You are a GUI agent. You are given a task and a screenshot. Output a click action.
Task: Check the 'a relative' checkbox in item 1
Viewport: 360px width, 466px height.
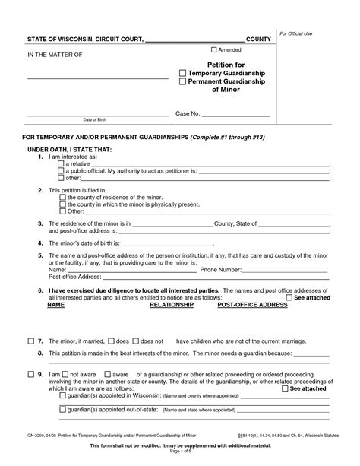62,163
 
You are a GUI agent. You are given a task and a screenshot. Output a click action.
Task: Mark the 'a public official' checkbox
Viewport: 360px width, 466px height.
62,170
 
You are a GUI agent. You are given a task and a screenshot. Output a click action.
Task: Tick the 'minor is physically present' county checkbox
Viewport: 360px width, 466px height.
62,204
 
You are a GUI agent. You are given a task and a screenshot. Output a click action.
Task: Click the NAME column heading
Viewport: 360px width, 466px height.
55,304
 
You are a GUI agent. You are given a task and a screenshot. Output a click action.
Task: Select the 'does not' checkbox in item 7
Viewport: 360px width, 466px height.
137,342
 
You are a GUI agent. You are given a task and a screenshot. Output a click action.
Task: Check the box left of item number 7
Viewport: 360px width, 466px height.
30,342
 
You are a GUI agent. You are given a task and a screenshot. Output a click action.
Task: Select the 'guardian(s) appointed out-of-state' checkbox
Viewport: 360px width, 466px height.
62,410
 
